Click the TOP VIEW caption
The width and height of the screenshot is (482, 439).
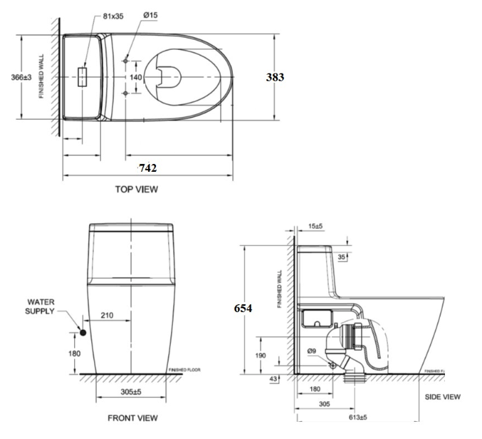click(x=137, y=190)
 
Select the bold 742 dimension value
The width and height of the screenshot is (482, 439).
click(x=147, y=167)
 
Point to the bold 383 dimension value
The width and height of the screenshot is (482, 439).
click(x=276, y=77)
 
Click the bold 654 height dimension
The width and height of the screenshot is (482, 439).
click(x=244, y=308)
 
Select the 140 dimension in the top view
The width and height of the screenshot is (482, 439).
click(x=135, y=77)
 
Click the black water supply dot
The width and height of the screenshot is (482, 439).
click(x=84, y=332)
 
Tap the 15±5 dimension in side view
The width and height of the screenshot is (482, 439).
click(x=315, y=227)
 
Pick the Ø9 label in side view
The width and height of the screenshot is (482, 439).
click(x=311, y=351)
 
